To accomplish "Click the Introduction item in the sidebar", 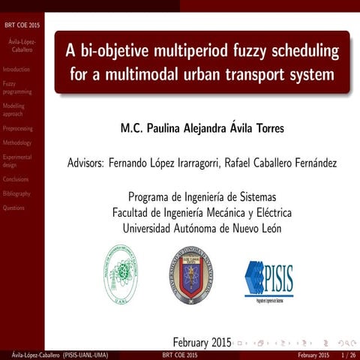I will [x=16, y=69].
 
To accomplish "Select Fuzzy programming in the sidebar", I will [x=17, y=88].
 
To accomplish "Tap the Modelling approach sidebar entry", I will [x=14, y=110].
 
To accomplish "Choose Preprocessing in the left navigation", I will [x=18, y=129].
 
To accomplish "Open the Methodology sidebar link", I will [x=17, y=142].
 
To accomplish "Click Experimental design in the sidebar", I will [x=17, y=161].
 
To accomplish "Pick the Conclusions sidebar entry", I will [x=16, y=180].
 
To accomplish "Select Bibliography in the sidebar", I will [x=16, y=193].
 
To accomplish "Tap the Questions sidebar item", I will [x=13, y=208].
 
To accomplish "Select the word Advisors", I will [x=85, y=162].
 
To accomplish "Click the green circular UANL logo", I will [x=120, y=276].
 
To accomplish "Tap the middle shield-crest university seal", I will [x=190, y=274].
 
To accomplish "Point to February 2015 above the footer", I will [x=202, y=342].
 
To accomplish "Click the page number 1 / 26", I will [x=347, y=355].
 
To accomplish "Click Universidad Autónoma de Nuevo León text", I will [x=202, y=228].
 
